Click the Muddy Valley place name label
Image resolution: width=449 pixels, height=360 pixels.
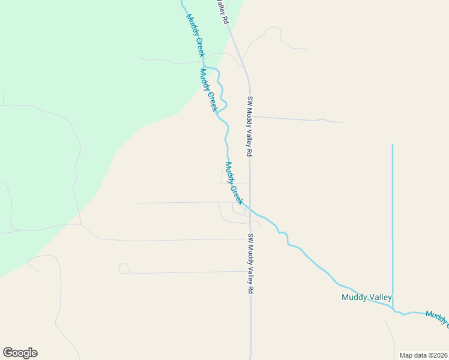tap(366, 297)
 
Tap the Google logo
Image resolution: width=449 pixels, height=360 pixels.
tap(20, 353)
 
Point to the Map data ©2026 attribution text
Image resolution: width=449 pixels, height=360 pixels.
tap(423, 355)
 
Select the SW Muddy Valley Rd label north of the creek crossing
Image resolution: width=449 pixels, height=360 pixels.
tap(250, 127)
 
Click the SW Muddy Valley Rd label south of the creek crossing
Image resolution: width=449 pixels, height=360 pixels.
tap(251, 263)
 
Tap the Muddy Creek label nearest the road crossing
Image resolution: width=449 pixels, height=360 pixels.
tap(234, 183)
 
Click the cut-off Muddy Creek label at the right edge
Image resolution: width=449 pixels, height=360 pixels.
tap(438, 319)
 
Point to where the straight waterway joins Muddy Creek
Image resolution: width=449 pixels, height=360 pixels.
tap(393, 309)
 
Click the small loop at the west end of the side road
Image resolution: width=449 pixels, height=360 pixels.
tap(124, 268)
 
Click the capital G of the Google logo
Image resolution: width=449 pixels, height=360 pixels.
tap(8, 353)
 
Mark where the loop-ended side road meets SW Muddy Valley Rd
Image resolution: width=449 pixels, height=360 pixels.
tap(250, 272)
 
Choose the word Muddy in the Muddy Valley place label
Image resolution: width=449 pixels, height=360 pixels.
tap(354, 297)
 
